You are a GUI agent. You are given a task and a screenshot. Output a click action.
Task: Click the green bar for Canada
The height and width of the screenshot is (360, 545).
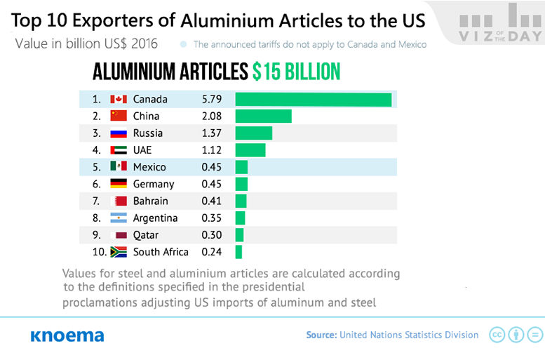tap(313, 100)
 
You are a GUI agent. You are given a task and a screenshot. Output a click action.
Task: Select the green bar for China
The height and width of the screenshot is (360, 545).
tap(263, 116)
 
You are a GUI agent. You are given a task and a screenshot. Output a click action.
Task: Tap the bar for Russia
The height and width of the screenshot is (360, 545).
tap(253, 133)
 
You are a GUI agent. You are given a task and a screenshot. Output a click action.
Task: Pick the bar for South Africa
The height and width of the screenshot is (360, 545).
tap(238, 252)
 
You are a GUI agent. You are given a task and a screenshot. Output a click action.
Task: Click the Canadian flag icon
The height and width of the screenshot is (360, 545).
tap(119, 100)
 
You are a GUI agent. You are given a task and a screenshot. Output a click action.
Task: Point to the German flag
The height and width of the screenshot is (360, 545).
tap(119, 184)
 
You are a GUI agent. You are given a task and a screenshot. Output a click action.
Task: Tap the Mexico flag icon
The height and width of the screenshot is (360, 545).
tap(119, 167)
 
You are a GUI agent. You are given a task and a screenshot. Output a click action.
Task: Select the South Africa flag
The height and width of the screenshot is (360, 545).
tap(119, 252)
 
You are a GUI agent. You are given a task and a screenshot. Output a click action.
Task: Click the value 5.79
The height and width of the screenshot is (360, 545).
tap(211, 100)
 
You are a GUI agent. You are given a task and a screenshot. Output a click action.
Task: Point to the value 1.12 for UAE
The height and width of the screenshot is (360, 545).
tap(211, 150)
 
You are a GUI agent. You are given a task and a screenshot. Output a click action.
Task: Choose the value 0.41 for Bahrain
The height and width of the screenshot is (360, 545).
tap(211, 201)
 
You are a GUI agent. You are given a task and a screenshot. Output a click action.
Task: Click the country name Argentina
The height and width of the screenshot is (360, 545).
tap(155, 218)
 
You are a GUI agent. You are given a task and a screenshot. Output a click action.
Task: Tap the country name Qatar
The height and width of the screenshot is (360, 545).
tap(145, 235)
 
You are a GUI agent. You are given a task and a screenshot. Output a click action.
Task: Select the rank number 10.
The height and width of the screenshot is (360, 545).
tap(99, 252)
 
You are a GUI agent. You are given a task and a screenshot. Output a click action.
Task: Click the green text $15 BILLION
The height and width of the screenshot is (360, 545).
tap(297, 72)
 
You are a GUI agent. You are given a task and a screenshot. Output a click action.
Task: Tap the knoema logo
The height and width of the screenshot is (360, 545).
tap(67, 335)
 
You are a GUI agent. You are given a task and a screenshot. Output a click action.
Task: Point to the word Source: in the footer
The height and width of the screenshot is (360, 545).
tap(321, 335)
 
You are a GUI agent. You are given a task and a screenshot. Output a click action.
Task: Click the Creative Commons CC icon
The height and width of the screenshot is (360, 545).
tap(497, 335)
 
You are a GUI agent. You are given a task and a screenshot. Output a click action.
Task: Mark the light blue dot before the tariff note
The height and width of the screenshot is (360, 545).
tap(184, 44)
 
